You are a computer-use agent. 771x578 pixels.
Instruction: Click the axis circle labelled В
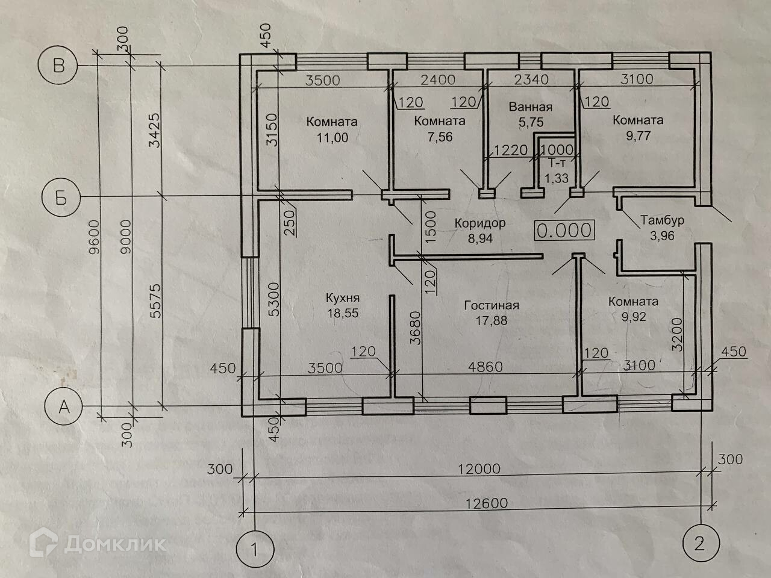click(58, 65)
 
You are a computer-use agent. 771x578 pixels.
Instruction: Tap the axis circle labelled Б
click(61, 197)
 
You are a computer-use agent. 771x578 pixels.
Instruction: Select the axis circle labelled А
click(63, 408)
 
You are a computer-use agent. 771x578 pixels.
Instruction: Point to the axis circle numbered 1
click(255, 549)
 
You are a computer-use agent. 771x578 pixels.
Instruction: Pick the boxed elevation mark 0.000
click(564, 230)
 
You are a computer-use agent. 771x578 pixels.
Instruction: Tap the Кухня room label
click(342, 297)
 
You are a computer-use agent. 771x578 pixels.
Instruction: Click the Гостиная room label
click(492, 305)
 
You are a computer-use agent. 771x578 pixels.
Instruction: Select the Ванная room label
click(530, 107)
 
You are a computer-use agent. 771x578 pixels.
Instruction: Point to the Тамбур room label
click(662, 220)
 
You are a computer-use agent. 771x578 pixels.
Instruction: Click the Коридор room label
click(479, 223)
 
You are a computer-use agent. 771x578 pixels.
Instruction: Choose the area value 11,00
click(332, 137)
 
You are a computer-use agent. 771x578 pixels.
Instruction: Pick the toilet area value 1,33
click(556, 178)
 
